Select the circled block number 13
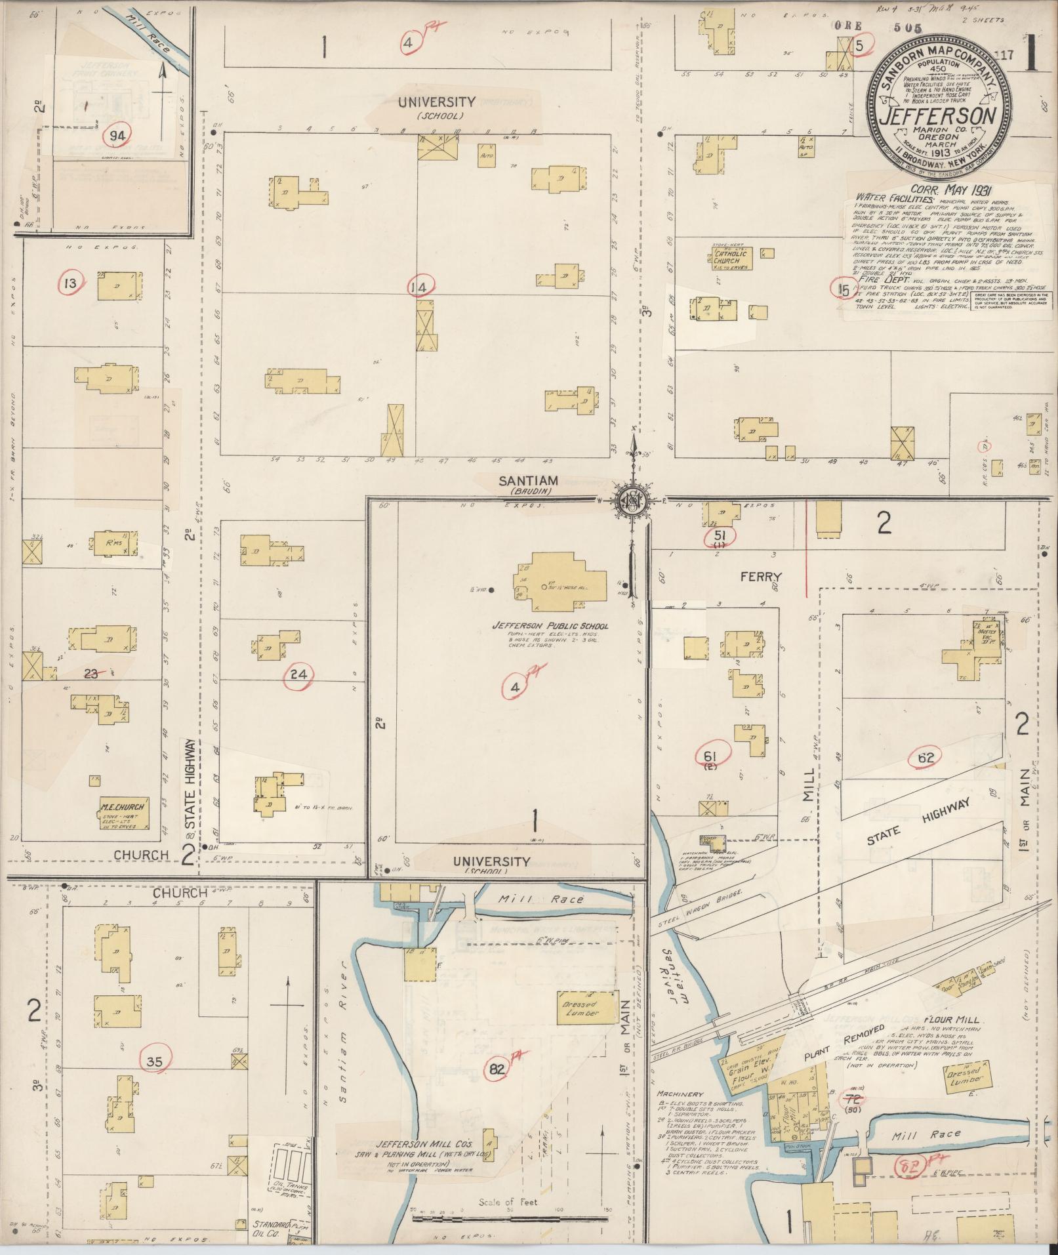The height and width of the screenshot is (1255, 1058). pos(70,283)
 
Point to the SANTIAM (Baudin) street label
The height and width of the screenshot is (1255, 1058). pos(528,481)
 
